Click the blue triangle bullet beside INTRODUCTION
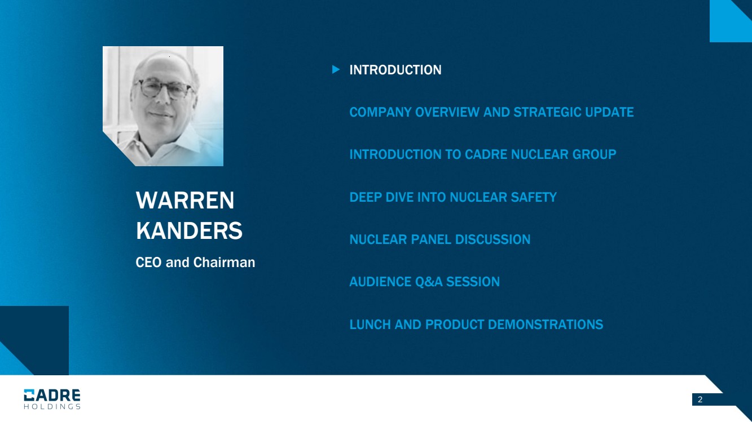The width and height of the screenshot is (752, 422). point(336,69)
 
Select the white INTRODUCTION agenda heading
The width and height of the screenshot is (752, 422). point(395,70)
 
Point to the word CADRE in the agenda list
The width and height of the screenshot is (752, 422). point(486,154)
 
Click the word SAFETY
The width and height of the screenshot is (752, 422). point(534,197)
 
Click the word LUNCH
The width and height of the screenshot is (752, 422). point(370,325)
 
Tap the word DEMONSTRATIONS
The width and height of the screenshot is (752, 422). point(545,325)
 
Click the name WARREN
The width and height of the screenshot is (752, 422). point(185,201)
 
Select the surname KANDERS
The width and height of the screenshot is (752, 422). point(189,230)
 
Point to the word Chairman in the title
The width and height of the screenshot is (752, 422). point(224,263)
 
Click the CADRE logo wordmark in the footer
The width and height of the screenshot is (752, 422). point(52,395)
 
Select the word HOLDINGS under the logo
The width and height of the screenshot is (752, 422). point(52,407)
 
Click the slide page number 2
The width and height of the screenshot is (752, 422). point(700,399)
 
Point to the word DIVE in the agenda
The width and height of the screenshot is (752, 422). point(399,197)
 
